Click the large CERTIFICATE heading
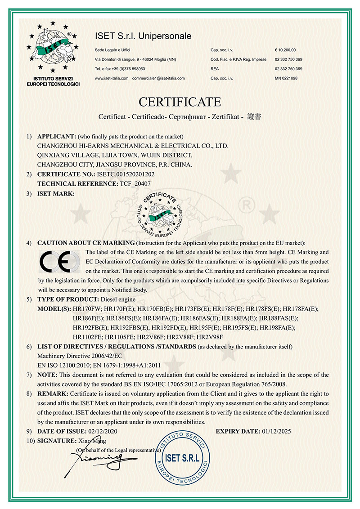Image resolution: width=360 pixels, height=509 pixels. [x=180, y=101]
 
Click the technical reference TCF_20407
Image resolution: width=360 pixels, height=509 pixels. [x=135, y=183]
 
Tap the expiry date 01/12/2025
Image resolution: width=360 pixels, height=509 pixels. [x=276, y=431]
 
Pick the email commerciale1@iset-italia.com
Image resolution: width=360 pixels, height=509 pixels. [x=158, y=78]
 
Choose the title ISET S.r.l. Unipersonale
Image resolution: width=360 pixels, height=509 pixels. [x=143, y=36]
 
